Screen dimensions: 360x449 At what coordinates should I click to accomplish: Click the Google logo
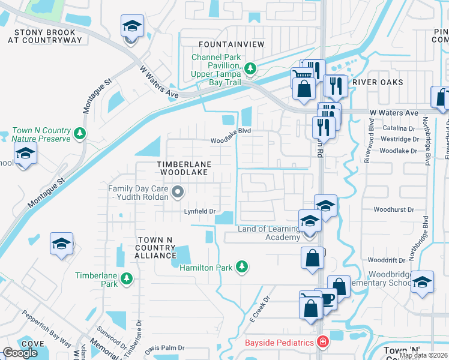coord(20,353)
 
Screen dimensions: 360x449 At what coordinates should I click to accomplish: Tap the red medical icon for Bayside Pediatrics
coord(323,342)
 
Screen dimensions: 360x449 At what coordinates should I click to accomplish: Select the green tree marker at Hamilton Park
coord(241,266)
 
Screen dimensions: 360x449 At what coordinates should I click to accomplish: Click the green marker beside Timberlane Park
coord(126,278)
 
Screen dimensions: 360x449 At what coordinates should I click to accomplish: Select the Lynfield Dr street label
coord(199,212)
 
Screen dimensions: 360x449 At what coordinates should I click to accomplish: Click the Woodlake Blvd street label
coord(229,141)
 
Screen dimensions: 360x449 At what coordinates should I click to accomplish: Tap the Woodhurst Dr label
coord(394,210)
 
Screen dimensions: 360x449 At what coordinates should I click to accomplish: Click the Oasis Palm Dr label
coord(164,348)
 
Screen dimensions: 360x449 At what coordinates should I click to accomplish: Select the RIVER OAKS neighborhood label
coord(378,82)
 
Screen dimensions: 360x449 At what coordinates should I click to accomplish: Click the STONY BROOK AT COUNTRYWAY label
coord(45,36)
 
